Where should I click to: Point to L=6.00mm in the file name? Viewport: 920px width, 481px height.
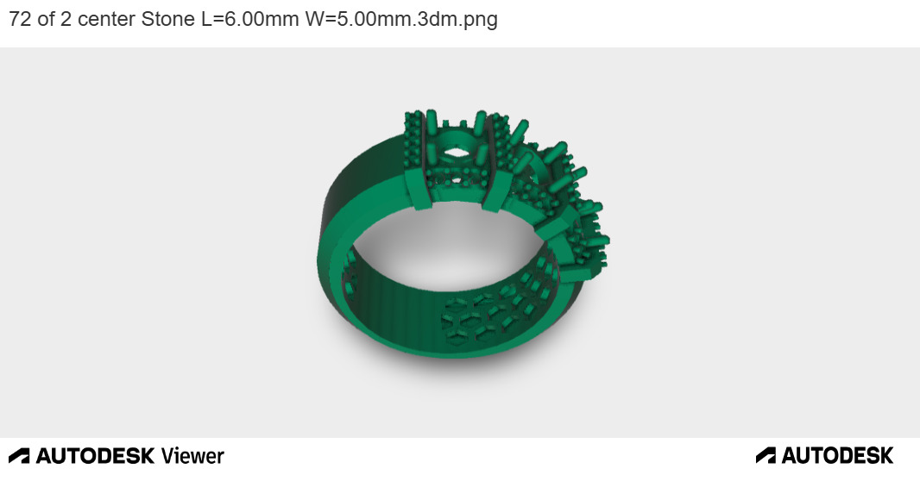point(250,20)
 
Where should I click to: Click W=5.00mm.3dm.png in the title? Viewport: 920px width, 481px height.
point(401,20)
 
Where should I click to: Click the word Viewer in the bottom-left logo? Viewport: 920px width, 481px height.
point(192,456)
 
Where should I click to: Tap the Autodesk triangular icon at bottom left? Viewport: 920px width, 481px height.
point(19,456)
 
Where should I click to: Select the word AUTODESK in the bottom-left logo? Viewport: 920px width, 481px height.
point(95,456)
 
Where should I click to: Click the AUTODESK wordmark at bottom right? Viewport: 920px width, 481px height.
point(837,455)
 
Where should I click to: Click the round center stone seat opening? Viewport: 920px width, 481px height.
point(455,146)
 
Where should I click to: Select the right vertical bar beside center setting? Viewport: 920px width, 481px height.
point(495,164)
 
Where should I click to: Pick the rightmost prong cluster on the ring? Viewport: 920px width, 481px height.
point(594,237)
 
